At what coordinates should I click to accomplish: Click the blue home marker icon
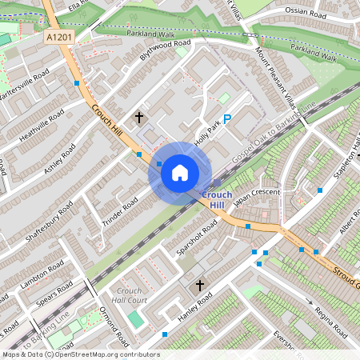coord(180,172)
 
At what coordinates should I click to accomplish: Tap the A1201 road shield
coord(58,37)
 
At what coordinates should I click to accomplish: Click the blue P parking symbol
coord(227,119)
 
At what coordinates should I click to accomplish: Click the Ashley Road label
coord(60,163)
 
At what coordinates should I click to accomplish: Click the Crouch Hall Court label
coord(130,295)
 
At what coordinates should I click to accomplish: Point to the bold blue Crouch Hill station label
coord(217,200)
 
